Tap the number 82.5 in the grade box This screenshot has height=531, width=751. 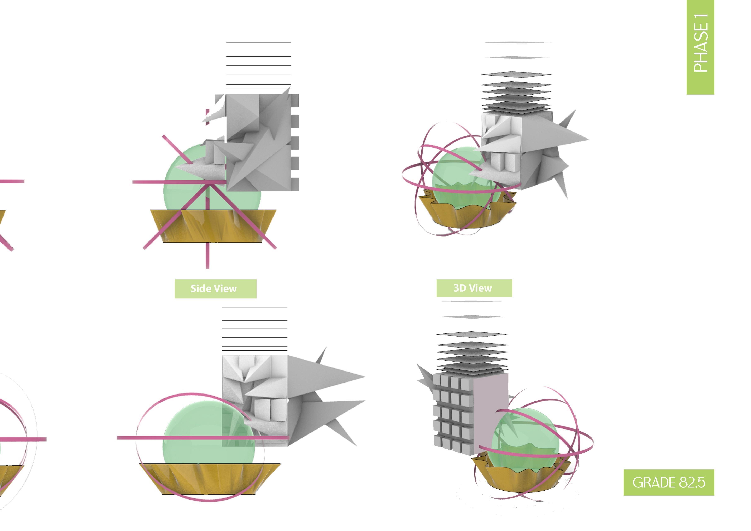click(692, 483)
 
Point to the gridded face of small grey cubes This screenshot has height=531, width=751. click(453, 412)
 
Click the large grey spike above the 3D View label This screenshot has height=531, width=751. click(556, 139)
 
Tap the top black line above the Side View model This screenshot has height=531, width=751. click(258, 42)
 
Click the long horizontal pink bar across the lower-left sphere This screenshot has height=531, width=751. click(196, 438)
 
